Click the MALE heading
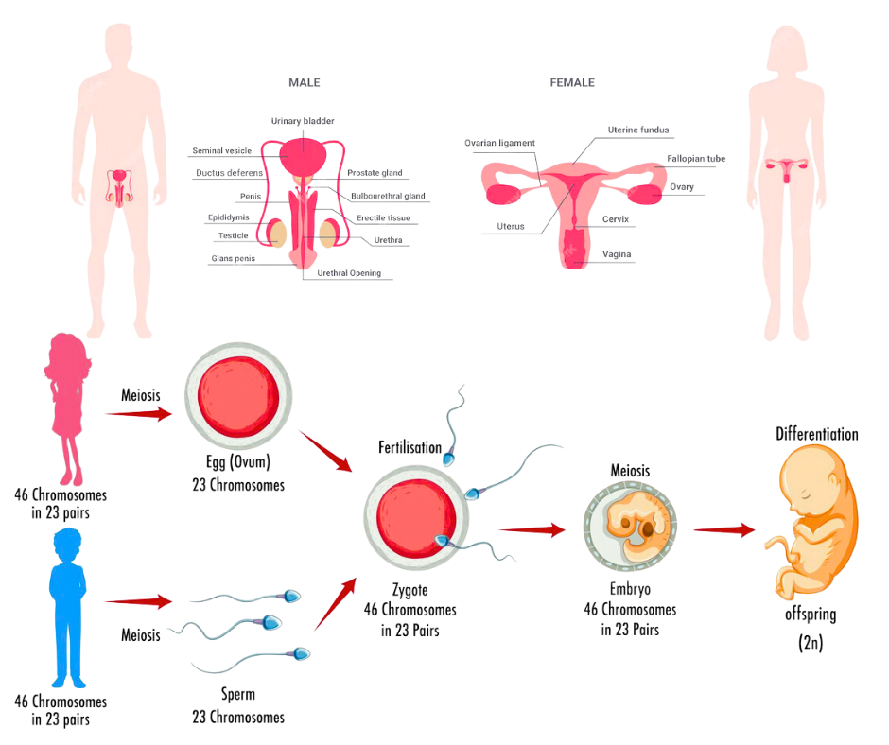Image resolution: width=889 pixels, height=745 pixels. [x=305, y=83]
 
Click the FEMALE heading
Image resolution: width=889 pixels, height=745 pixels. [x=572, y=83]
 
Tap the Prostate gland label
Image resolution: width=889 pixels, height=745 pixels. [x=375, y=173]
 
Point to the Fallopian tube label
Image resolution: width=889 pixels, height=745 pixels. [x=695, y=160]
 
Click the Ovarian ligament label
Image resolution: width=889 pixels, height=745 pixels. [x=499, y=144]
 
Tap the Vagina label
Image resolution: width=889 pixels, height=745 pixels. [x=617, y=254]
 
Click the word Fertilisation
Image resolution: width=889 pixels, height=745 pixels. [x=410, y=446]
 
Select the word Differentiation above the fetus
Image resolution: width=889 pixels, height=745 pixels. [x=816, y=435]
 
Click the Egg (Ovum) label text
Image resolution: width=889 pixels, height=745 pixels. [x=237, y=463]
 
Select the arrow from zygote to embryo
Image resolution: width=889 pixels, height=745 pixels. [x=534, y=530]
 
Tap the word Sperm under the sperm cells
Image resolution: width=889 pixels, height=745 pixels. [x=238, y=695]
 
